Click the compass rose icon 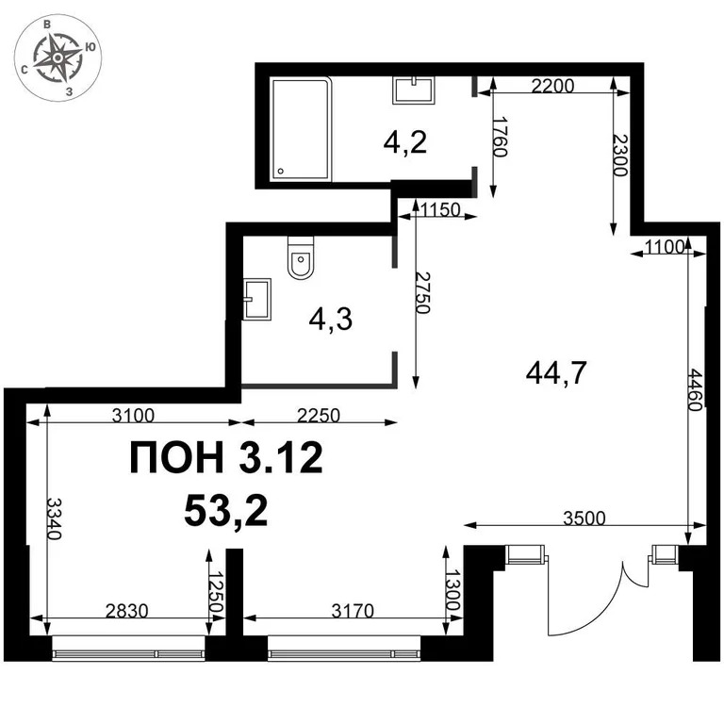(58, 58)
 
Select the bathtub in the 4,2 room (302, 129)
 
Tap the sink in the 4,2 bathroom (414, 90)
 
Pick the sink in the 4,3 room (256, 299)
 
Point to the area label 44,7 (556, 374)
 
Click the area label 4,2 (405, 142)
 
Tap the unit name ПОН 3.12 (225, 459)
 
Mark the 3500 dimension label (584, 518)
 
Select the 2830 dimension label (125, 611)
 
